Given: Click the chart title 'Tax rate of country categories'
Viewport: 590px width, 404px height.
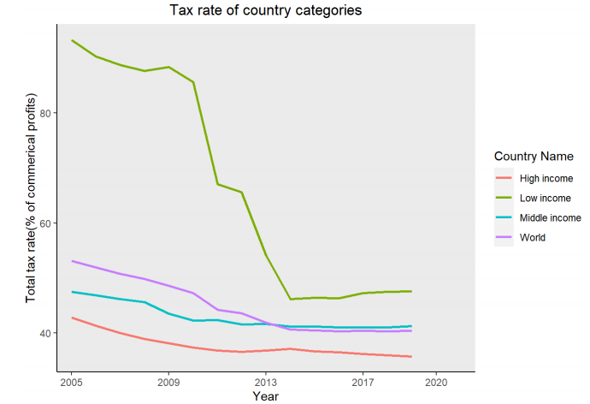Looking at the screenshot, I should (x=266, y=11).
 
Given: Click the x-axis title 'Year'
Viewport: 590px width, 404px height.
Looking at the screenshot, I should (x=265, y=395).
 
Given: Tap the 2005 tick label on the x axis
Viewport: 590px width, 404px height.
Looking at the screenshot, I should (x=72, y=381).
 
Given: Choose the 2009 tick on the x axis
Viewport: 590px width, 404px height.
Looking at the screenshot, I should (x=168, y=381).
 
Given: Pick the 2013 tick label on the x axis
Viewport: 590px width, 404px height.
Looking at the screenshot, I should (x=266, y=381).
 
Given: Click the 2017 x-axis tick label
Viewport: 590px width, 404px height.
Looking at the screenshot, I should (x=363, y=381).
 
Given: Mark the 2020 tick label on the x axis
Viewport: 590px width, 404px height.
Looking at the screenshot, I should (x=436, y=381).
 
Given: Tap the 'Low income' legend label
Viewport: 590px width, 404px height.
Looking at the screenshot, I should (x=543, y=199).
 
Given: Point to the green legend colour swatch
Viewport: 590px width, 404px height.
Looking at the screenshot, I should (x=504, y=199).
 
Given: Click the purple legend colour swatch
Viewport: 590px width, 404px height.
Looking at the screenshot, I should (x=504, y=238).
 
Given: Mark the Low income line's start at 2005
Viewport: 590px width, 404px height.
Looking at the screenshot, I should (x=72, y=40).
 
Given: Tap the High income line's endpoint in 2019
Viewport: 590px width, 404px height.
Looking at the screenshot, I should (x=411, y=356).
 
